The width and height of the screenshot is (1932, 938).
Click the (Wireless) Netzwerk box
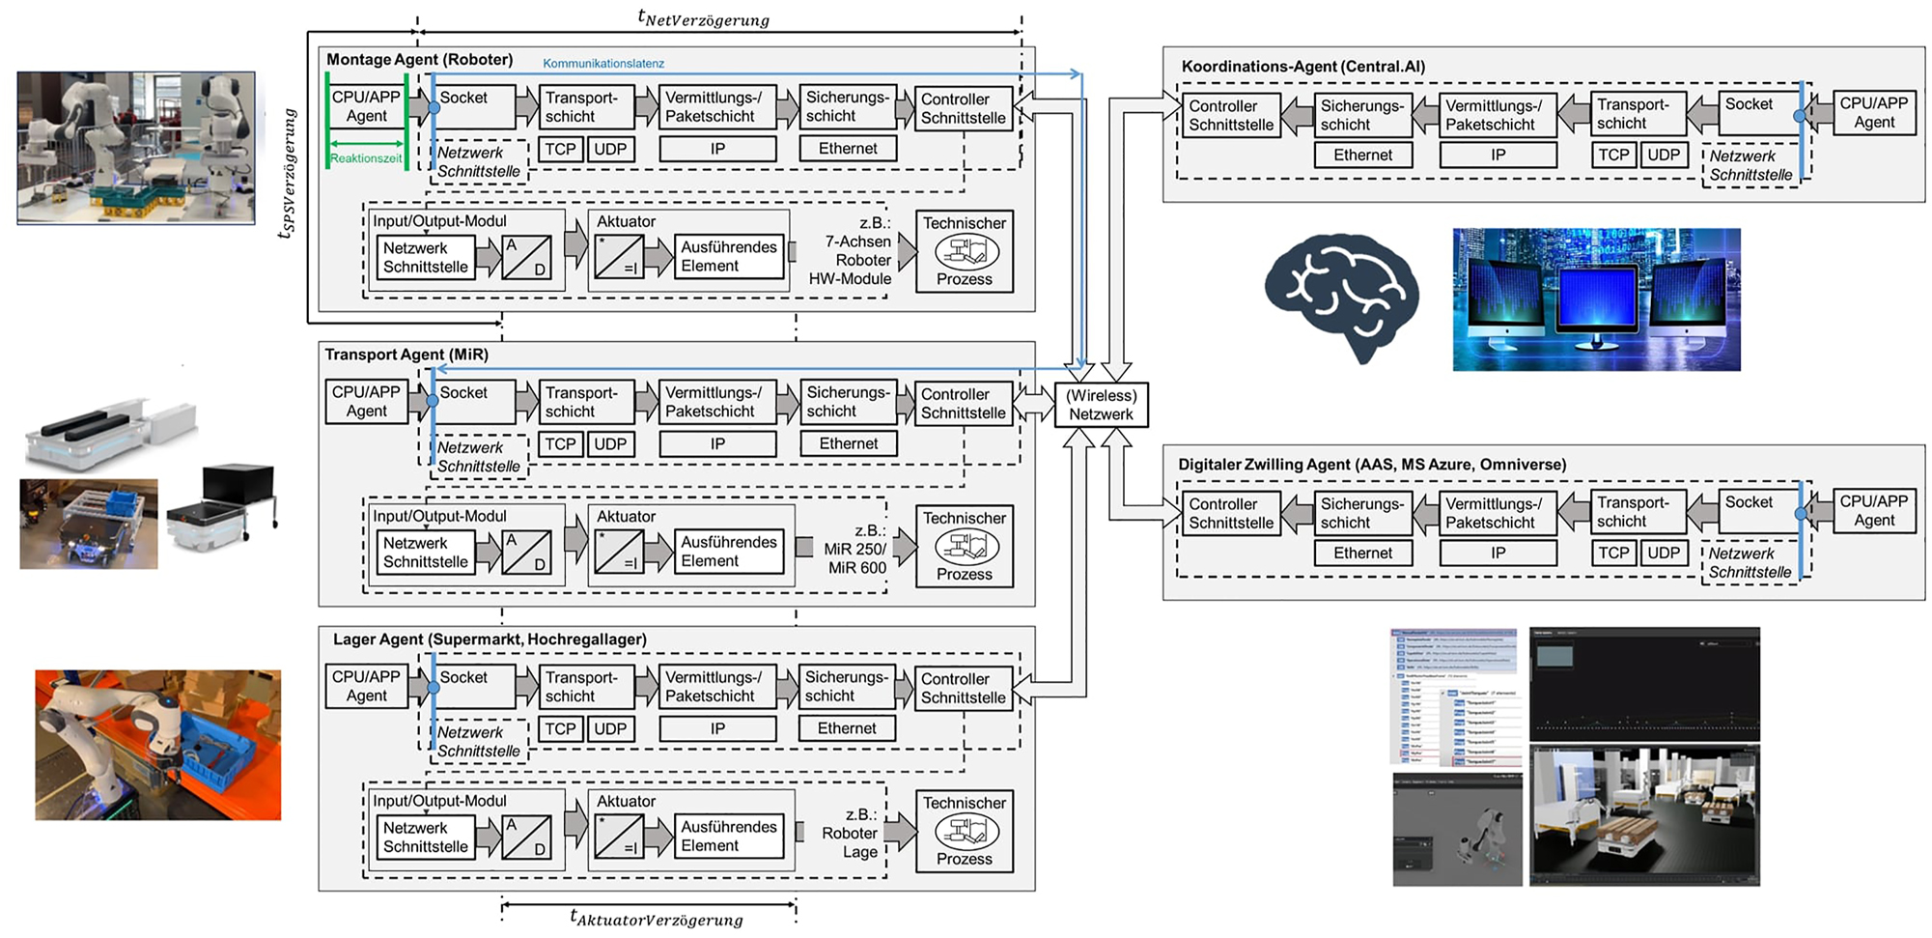1101,405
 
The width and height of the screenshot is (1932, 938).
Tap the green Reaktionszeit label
366,158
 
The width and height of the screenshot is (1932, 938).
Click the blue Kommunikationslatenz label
603,64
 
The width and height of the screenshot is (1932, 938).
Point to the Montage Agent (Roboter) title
419,60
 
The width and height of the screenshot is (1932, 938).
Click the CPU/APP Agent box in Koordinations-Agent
1873,113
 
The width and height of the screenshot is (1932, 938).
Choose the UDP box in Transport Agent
610,444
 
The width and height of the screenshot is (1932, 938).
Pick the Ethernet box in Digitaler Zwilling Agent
1362,554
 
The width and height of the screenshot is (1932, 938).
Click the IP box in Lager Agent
717,729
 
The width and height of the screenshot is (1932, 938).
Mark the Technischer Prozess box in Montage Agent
964,251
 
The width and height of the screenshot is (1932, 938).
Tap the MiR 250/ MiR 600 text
855,557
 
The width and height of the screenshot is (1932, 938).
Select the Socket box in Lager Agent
473,687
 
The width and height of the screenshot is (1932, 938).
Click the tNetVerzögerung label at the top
704,18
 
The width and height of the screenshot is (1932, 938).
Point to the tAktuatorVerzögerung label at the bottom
657,919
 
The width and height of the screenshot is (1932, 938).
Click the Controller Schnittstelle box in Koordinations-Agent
1231,116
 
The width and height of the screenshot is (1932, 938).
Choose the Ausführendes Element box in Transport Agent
728,552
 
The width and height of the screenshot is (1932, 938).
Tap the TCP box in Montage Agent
560,150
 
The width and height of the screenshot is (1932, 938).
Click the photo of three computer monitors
1596,299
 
